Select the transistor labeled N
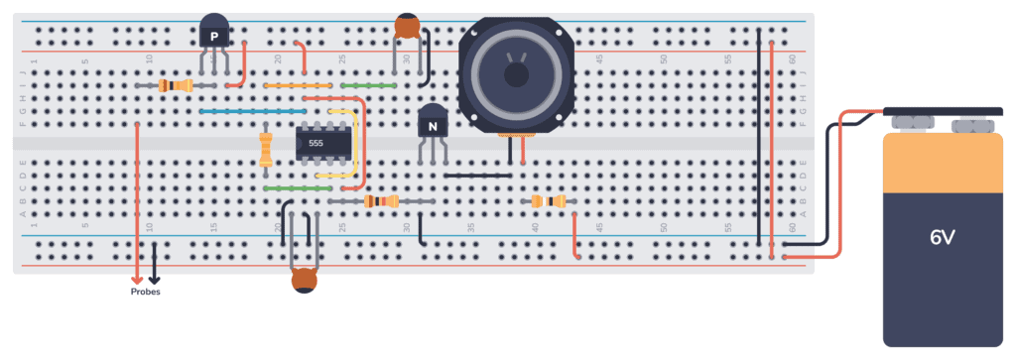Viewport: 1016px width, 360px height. [432, 125]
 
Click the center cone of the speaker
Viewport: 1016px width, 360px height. [516, 72]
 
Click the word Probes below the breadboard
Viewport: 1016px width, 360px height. [145, 293]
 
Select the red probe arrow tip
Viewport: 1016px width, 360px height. [137, 280]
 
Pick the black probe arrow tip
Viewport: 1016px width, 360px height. [153, 280]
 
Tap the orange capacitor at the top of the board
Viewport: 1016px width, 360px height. [407, 27]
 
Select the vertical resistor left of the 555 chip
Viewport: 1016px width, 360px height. [265, 150]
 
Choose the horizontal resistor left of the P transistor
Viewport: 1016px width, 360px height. [176, 86]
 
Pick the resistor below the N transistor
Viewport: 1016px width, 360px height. [382, 201]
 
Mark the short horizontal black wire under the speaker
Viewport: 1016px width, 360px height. [477, 176]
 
